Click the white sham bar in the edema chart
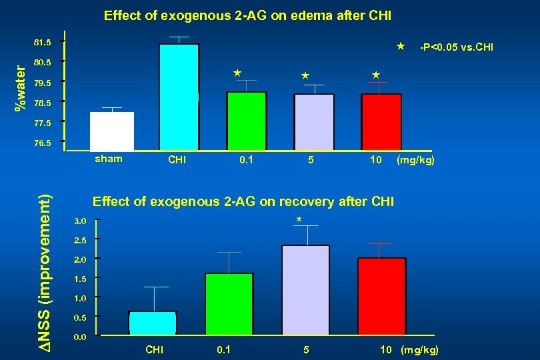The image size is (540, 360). click(x=112, y=131)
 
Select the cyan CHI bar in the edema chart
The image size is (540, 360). click(x=179, y=97)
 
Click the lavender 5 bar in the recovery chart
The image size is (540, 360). click(x=306, y=289)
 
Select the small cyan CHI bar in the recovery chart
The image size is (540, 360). click(x=153, y=322)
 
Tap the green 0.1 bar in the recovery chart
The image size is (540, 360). click(x=229, y=303)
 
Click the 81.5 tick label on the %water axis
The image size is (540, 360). click(x=42, y=43)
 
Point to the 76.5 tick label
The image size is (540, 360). click(x=42, y=142)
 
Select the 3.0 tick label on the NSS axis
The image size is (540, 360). click(x=79, y=220)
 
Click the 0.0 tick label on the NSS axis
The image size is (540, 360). click(x=79, y=337)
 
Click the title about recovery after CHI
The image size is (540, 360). click(x=243, y=201)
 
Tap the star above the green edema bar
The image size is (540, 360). click(x=237, y=72)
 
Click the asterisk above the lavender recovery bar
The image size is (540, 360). click(x=299, y=220)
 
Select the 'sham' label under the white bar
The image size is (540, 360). click(x=109, y=159)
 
